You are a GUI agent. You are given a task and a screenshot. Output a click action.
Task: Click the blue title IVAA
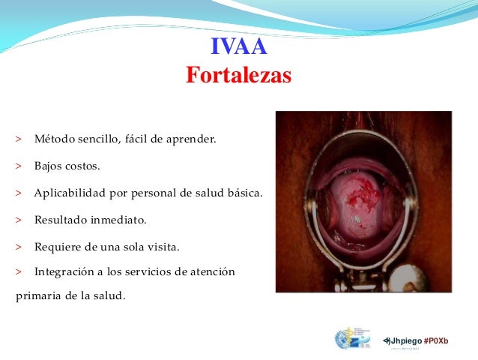click(x=238, y=49)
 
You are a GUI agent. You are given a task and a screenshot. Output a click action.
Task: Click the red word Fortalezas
click(x=238, y=76)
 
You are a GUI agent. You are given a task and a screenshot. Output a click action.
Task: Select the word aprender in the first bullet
click(x=191, y=139)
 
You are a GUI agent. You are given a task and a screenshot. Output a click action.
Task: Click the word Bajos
click(x=49, y=166)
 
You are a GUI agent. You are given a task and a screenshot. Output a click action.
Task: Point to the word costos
click(x=82, y=166)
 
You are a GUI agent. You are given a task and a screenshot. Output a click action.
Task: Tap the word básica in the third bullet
click(x=244, y=193)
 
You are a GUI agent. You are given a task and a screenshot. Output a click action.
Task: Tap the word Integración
click(x=67, y=271)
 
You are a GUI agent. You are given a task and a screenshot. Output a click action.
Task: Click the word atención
click(x=214, y=271)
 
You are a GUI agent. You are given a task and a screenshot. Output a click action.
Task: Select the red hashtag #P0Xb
click(x=436, y=340)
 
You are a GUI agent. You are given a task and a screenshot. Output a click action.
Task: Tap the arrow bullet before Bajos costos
click(x=17, y=166)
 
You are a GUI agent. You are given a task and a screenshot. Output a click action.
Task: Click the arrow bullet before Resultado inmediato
click(x=17, y=220)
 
